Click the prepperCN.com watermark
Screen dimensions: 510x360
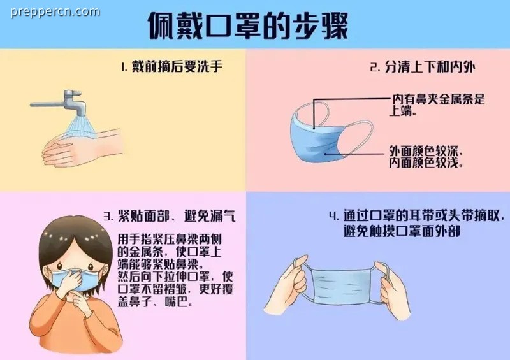click(x=55, y=12)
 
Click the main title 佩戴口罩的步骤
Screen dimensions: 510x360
click(x=248, y=26)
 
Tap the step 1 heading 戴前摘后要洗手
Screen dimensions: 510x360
click(x=172, y=67)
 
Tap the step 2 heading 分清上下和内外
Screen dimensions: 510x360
click(x=423, y=67)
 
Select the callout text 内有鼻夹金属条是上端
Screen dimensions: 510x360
click(x=437, y=104)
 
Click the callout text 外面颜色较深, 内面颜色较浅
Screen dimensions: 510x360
click(x=426, y=157)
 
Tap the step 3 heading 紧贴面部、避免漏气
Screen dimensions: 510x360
click(x=170, y=216)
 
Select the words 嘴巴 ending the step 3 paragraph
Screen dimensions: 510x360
click(x=177, y=302)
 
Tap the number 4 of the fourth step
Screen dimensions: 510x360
click(x=333, y=215)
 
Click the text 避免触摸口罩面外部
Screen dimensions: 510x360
click(x=402, y=231)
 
